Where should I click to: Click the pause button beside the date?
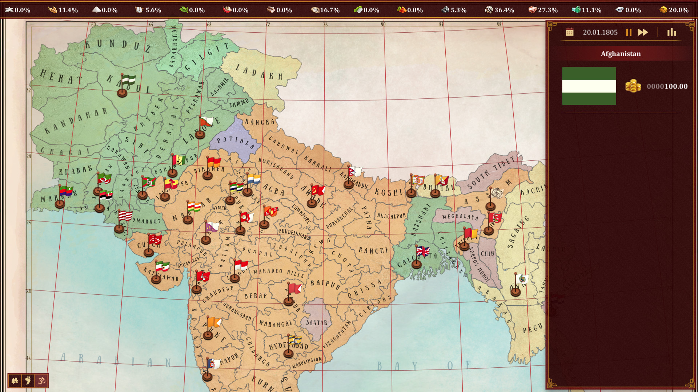click(x=629, y=32)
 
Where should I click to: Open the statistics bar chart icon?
click(x=671, y=32)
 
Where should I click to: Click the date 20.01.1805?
click(x=600, y=32)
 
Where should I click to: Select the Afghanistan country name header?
click(x=621, y=54)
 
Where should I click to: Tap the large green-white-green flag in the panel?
click(x=589, y=86)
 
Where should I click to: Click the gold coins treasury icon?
click(x=633, y=86)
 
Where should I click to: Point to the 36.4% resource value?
click(x=504, y=10)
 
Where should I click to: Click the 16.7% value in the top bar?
click(x=329, y=10)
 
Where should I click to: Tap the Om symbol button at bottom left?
click(x=42, y=380)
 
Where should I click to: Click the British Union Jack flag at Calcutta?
click(x=423, y=251)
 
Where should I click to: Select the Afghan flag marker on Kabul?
click(x=128, y=80)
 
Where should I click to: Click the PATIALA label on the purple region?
click(x=235, y=142)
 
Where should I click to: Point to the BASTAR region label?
click(x=316, y=323)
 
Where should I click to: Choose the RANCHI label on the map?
click(x=373, y=250)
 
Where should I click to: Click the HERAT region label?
click(x=61, y=77)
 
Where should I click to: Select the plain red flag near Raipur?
click(x=294, y=289)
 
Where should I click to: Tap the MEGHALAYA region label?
click(x=460, y=217)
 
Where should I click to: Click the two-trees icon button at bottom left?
click(x=15, y=380)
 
